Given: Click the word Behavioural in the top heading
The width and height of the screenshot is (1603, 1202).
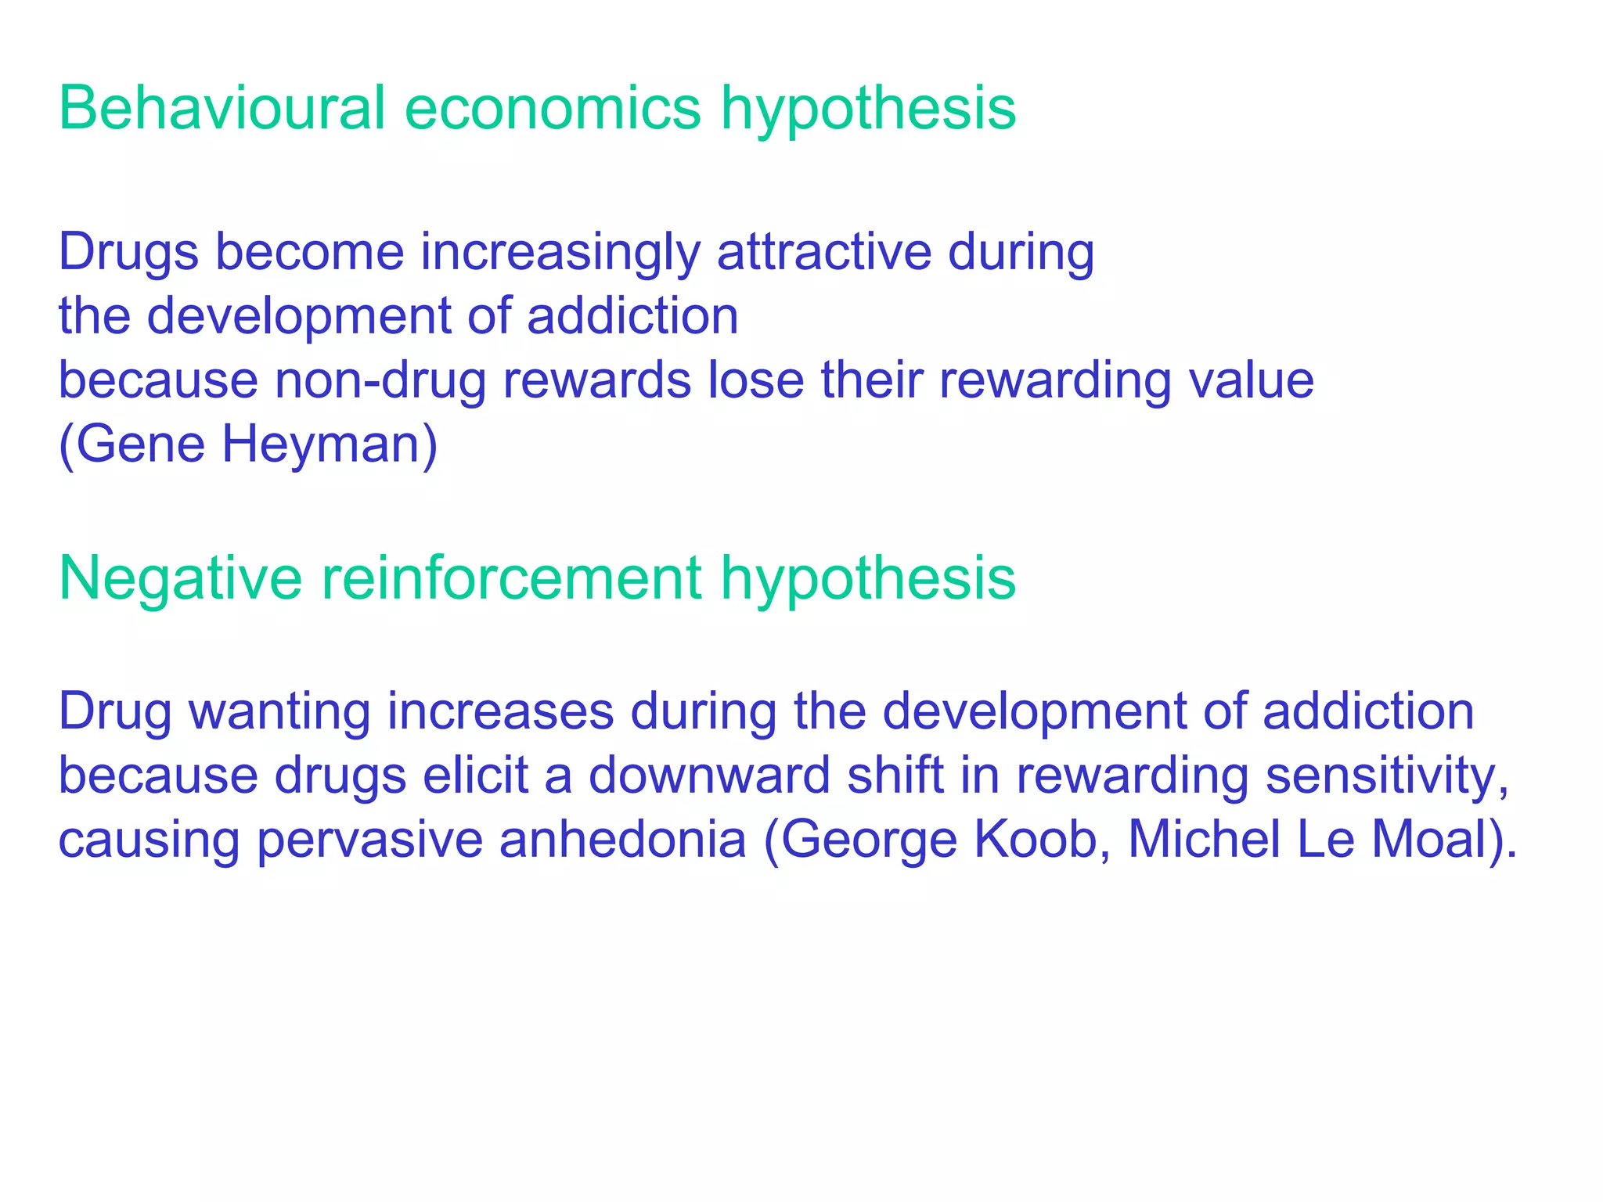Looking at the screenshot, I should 222,108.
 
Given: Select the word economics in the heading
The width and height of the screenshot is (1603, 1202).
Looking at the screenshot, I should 553,108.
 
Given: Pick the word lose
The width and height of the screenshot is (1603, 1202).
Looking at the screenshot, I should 756,381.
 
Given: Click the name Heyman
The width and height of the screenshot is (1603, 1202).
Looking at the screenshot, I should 330,445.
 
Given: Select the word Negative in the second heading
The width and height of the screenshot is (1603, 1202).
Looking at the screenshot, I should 180,578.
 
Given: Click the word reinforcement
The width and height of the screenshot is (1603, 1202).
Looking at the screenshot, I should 511,578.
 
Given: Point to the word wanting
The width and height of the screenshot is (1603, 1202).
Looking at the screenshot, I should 280,712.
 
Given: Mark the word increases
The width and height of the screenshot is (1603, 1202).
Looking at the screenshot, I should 501,712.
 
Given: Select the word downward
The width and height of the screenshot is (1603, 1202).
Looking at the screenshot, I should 709,776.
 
